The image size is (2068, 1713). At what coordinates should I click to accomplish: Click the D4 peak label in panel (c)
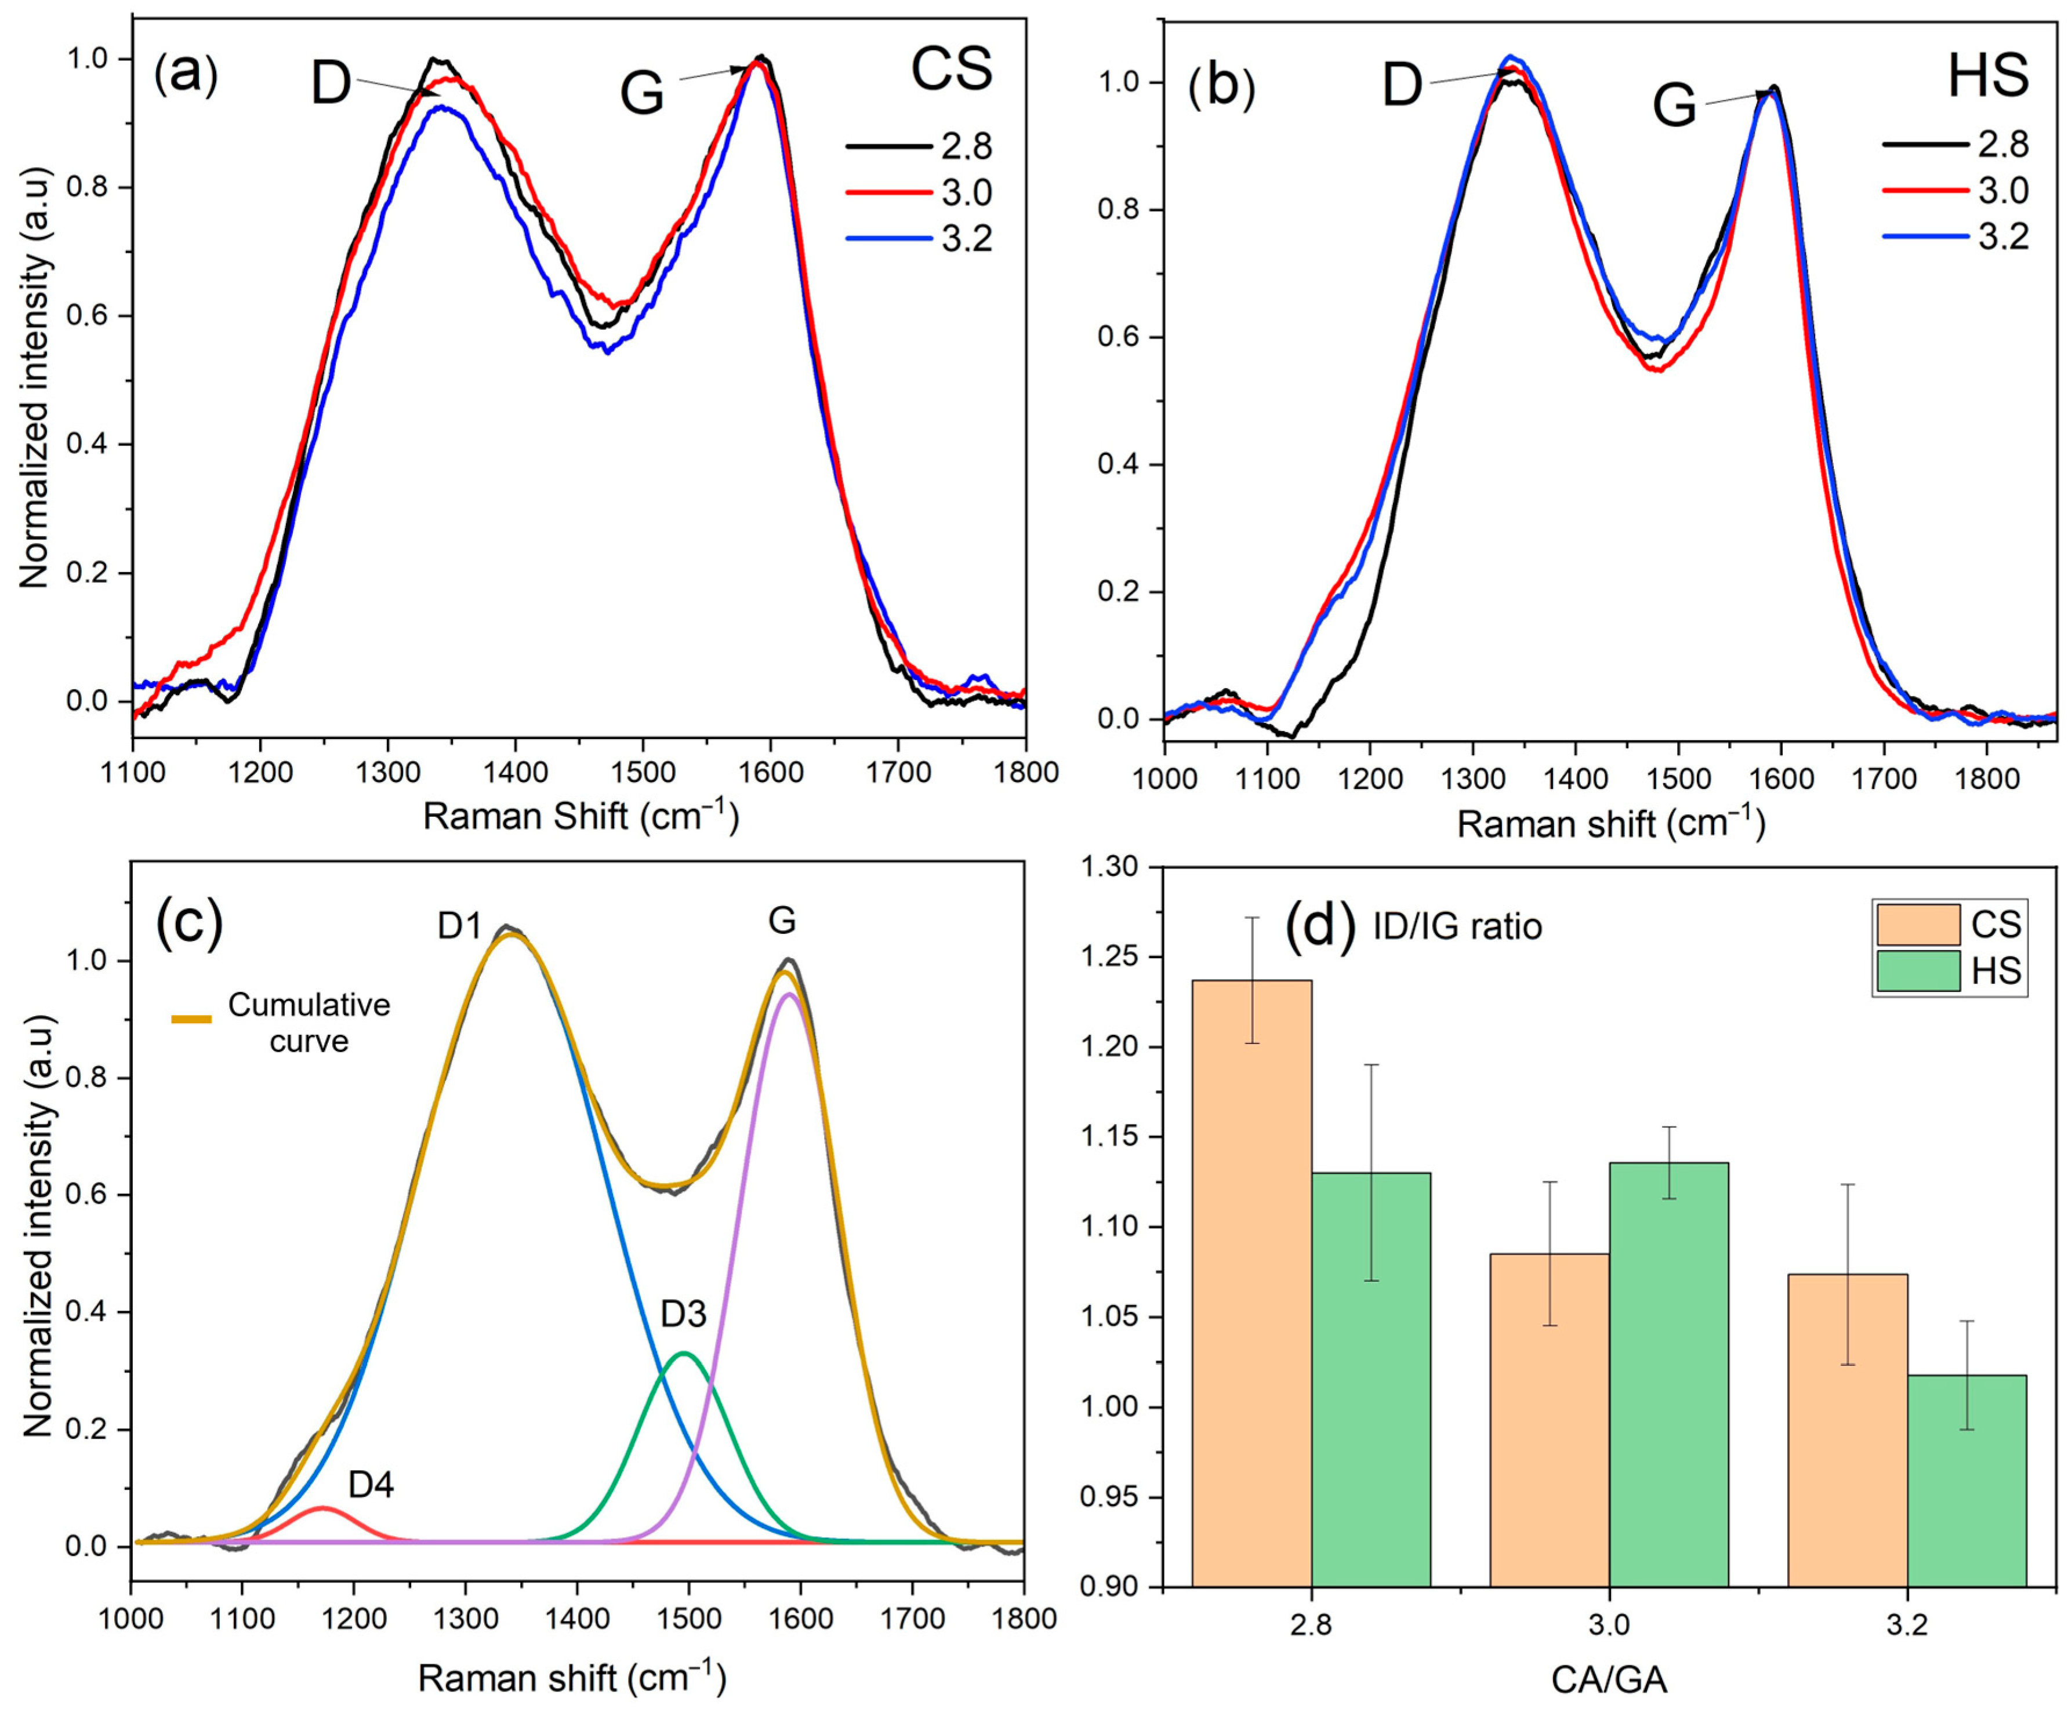371,1485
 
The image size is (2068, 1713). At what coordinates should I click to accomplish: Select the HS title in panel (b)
1988,76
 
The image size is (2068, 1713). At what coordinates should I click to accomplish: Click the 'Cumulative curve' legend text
309,1023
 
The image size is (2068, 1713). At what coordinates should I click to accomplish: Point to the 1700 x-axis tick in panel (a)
898,773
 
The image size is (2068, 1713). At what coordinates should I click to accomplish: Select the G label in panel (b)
1674,106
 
